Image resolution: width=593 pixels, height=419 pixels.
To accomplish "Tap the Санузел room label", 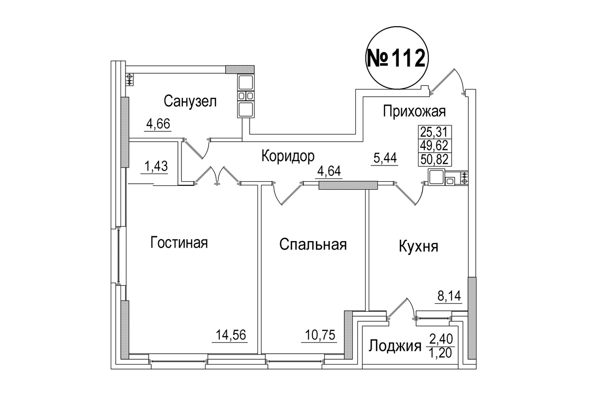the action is click(x=190, y=101).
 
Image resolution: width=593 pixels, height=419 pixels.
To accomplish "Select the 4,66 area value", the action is click(x=158, y=124).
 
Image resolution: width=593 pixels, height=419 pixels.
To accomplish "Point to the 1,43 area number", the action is click(x=156, y=167).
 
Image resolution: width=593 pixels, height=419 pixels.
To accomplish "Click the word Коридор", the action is click(x=288, y=156).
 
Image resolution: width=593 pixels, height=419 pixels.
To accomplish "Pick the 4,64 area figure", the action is click(x=329, y=171).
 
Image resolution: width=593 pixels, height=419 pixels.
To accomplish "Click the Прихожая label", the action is click(x=414, y=111).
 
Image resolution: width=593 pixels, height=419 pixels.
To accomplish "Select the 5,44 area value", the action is click(x=385, y=158).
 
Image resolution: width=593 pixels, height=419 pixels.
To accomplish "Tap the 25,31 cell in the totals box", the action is click(x=435, y=131).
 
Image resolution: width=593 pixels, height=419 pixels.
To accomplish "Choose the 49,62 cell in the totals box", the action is click(x=435, y=145).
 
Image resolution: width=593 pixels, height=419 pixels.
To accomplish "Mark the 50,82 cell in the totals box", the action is click(x=435, y=159).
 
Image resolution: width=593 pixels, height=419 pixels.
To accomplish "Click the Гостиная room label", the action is click(x=179, y=243).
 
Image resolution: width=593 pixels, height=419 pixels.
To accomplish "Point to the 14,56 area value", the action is click(x=231, y=335).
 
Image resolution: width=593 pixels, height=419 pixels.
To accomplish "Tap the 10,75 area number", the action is click(x=320, y=335).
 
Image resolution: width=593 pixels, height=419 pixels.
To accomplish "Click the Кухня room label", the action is click(x=419, y=247).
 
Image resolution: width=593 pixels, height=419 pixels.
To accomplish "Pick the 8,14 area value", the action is click(x=449, y=296).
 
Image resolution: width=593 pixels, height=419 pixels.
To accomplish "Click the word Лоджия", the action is click(x=395, y=346).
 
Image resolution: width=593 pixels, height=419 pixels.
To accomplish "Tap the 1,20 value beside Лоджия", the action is click(x=441, y=353).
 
